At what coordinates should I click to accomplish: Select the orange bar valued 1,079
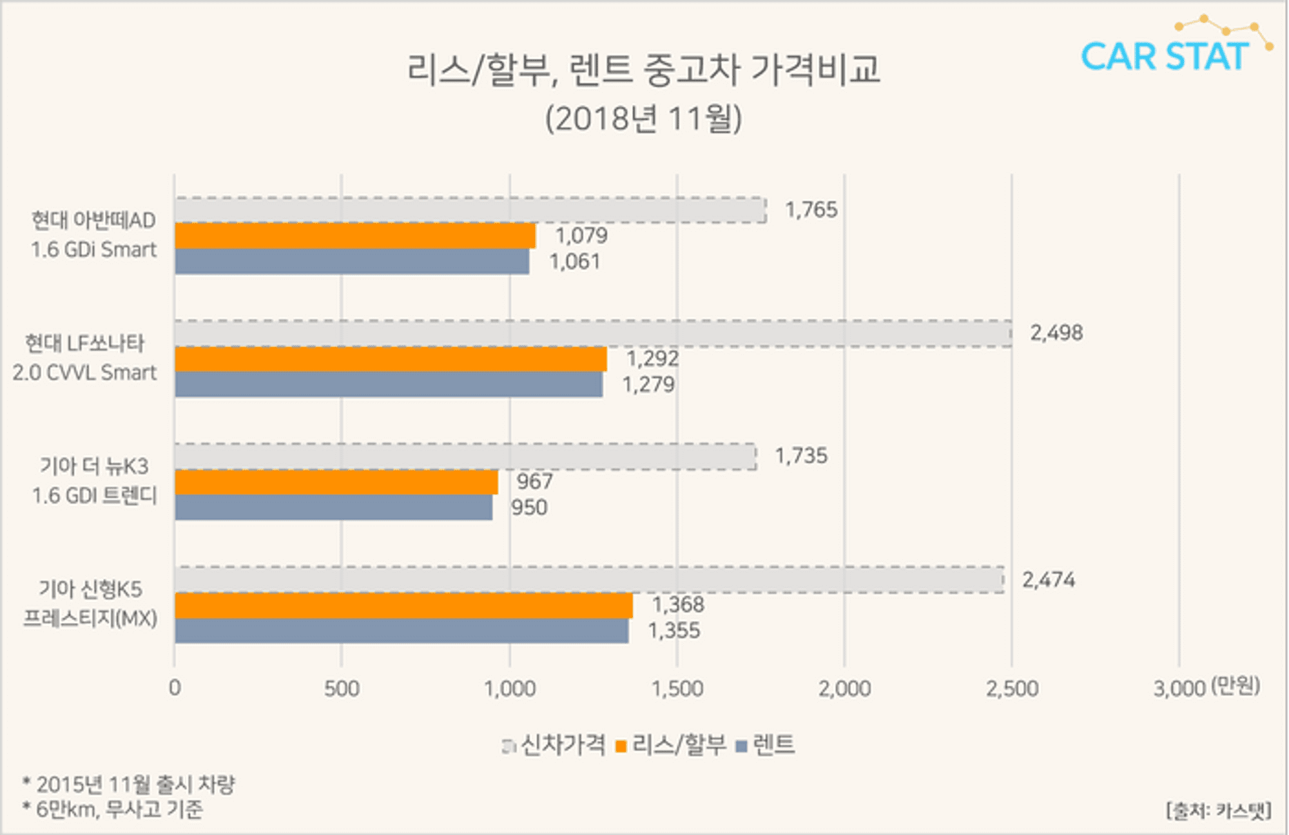(354, 236)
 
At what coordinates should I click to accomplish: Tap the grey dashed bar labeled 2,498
(593, 334)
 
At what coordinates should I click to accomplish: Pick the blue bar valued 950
(333, 507)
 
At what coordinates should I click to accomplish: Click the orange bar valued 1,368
(403, 606)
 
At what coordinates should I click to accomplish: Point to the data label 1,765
(811, 210)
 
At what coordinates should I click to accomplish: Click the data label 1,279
(648, 385)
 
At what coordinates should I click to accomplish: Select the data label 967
(534, 481)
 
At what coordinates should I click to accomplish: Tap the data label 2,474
(1048, 580)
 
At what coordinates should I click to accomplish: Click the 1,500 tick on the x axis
(677, 689)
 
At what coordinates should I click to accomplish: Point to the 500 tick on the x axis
(342, 689)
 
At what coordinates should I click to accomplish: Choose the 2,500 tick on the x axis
(1012, 689)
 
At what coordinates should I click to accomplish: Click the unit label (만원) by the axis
(1235, 686)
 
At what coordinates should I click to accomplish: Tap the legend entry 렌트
(773, 745)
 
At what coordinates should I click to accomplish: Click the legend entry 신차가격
(562, 745)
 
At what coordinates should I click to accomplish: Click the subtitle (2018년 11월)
(643, 119)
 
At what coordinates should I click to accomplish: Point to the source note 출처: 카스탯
(1218, 810)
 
